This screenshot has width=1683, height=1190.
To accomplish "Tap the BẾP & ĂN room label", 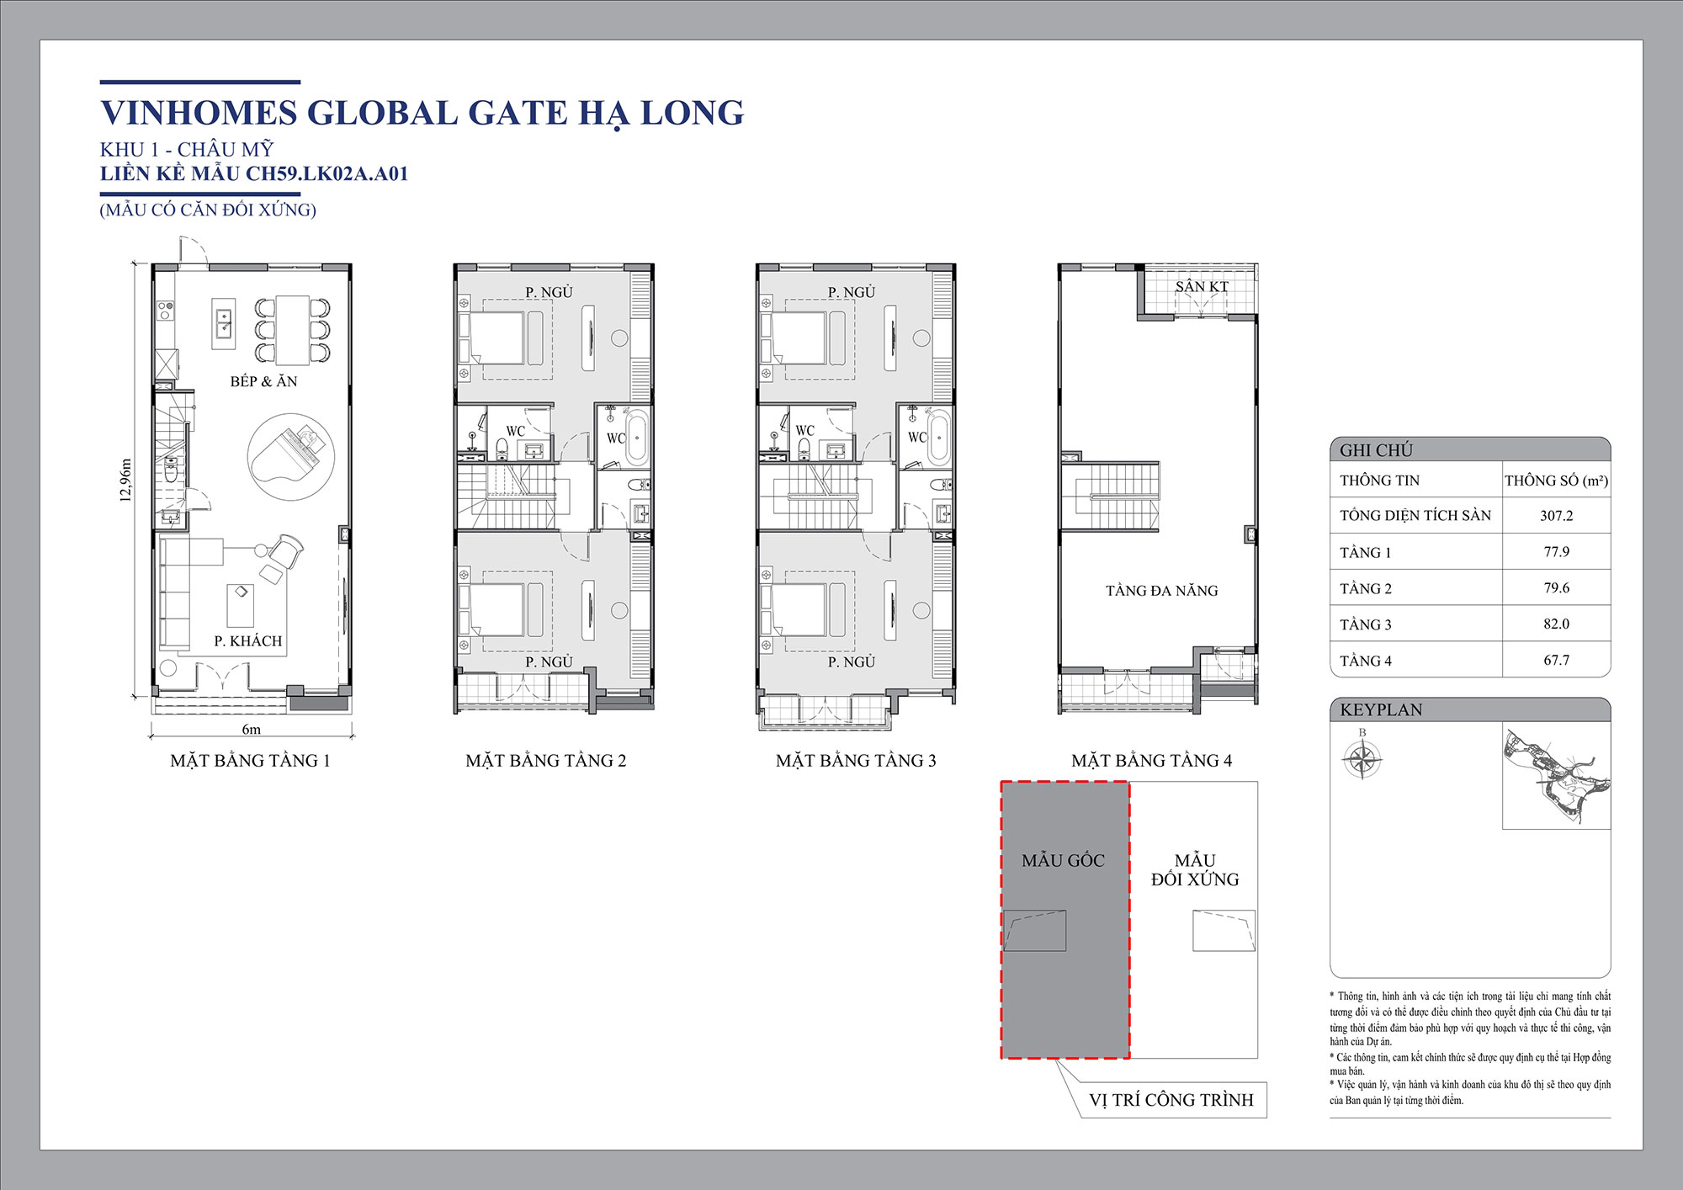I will pos(263,381).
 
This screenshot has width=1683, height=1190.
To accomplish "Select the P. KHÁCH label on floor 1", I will pos(247,640).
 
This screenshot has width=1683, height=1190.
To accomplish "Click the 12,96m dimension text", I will pos(126,480).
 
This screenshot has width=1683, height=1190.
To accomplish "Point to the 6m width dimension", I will pos(251,729).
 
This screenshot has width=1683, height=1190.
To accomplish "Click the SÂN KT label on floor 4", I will pos(1202,286).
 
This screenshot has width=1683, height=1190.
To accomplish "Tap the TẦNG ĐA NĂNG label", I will pos(1161,590).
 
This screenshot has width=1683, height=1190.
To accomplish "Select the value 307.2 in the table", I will pos(1556,515).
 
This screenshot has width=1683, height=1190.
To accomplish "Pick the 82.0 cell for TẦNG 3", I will pos(1556,624).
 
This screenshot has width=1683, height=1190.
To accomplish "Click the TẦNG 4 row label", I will pos(1365,661).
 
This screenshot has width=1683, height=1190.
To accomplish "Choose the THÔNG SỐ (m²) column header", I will pos(1556,481).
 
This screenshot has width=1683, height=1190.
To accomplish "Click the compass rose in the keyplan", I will pos(1362,760).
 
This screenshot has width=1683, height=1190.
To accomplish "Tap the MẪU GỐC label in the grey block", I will pos(1063,860).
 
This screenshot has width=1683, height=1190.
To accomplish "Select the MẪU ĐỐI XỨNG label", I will pos(1195,869).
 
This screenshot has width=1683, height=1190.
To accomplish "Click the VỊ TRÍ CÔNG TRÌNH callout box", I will pos(1171,1100).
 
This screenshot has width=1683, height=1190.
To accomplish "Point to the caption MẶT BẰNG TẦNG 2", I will pos(545,760).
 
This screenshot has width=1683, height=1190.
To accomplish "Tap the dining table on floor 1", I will pos(292,328).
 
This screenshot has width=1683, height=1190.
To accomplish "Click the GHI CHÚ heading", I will pos(1376,450).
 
